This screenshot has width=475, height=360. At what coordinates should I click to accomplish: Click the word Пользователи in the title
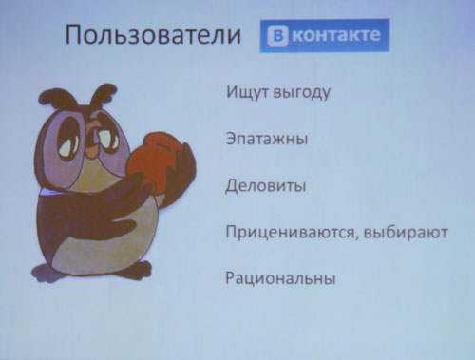150,37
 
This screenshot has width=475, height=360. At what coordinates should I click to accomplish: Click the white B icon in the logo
278,37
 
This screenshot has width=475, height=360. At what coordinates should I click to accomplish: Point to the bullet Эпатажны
266,141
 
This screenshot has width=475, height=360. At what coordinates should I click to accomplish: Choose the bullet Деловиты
265,185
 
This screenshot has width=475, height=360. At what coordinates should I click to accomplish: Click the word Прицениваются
287,233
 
